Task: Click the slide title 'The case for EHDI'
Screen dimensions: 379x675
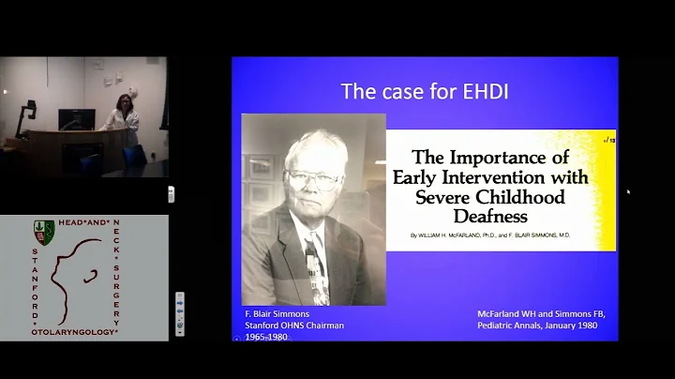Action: tap(425, 91)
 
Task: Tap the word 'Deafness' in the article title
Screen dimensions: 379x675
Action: tap(501, 216)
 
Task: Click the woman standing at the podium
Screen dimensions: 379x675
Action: tap(122, 114)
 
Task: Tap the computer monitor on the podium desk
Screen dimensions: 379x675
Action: tap(76, 119)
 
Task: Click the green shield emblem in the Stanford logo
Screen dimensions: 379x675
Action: tap(42, 229)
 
